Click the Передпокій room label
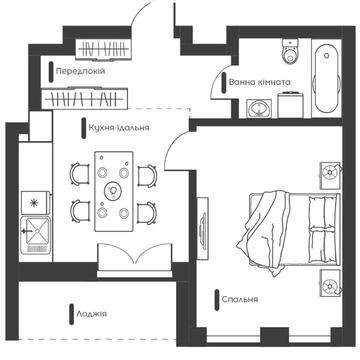click(80, 71)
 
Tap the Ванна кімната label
click(259, 82)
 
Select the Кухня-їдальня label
click(119, 127)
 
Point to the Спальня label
click(240, 299)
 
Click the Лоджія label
click(92, 314)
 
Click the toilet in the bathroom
click(291, 52)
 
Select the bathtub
click(327, 79)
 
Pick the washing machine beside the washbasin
click(290, 105)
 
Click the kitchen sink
click(35, 234)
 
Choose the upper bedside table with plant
click(331, 176)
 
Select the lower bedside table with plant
click(331, 283)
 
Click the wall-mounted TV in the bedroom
click(202, 228)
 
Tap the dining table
click(114, 191)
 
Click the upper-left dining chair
click(80, 174)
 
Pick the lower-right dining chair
click(147, 212)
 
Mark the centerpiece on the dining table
click(113, 191)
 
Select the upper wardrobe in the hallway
click(102, 49)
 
